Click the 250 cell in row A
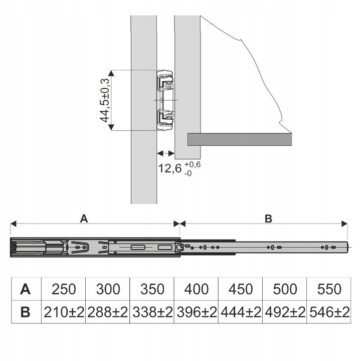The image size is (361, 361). pyautogui.click(x=64, y=289)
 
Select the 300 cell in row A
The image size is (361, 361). pyautogui.click(x=108, y=289)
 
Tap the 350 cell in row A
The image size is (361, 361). pyautogui.click(x=152, y=289)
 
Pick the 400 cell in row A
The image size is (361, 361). pyautogui.click(x=196, y=289)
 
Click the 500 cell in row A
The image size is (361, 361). pyautogui.click(x=284, y=289)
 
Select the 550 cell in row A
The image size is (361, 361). pyautogui.click(x=328, y=289)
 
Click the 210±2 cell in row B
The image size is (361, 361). pyautogui.click(x=64, y=312)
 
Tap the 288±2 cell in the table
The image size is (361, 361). pyautogui.click(x=108, y=312)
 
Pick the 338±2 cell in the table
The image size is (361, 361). pyautogui.click(x=152, y=312)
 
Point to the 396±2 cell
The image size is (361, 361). pyautogui.click(x=196, y=312)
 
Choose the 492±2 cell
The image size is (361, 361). pyautogui.click(x=284, y=312)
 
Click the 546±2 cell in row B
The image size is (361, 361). pyautogui.click(x=328, y=312)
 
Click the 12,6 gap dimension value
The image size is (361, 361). pyautogui.click(x=170, y=168)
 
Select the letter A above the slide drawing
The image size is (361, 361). pyautogui.click(x=84, y=218)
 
